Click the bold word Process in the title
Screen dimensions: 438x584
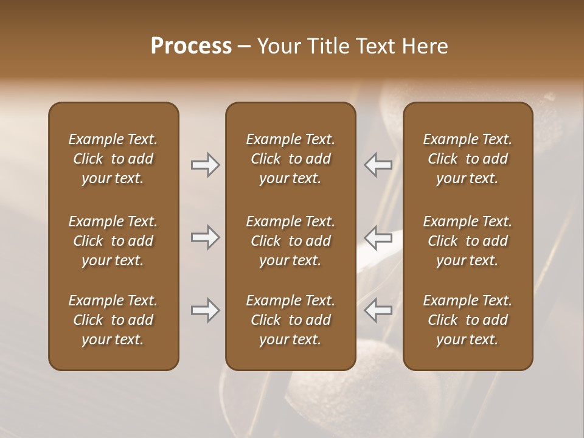click(x=191, y=46)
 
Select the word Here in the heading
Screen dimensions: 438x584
click(x=426, y=46)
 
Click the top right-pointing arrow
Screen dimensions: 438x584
click(x=205, y=165)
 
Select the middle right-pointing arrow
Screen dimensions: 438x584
click(x=205, y=237)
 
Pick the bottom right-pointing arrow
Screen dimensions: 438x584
click(x=205, y=311)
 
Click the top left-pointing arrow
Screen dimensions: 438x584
click(x=378, y=165)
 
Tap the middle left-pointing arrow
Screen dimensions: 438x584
click(x=378, y=237)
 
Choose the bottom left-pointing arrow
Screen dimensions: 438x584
click(x=378, y=311)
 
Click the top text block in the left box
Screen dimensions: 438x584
click(x=113, y=159)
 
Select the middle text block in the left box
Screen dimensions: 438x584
click(x=113, y=241)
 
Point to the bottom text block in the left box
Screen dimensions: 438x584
click(x=113, y=320)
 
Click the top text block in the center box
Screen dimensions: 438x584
click(x=290, y=159)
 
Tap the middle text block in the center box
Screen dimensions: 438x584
click(x=290, y=241)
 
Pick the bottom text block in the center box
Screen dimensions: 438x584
click(x=290, y=320)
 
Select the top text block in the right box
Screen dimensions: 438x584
click(x=468, y=159)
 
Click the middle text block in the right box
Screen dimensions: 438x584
click(x=468, y=241)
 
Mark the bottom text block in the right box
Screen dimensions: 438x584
click(x=468, y=320)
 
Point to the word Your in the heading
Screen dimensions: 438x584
click(x=277, y=46)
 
